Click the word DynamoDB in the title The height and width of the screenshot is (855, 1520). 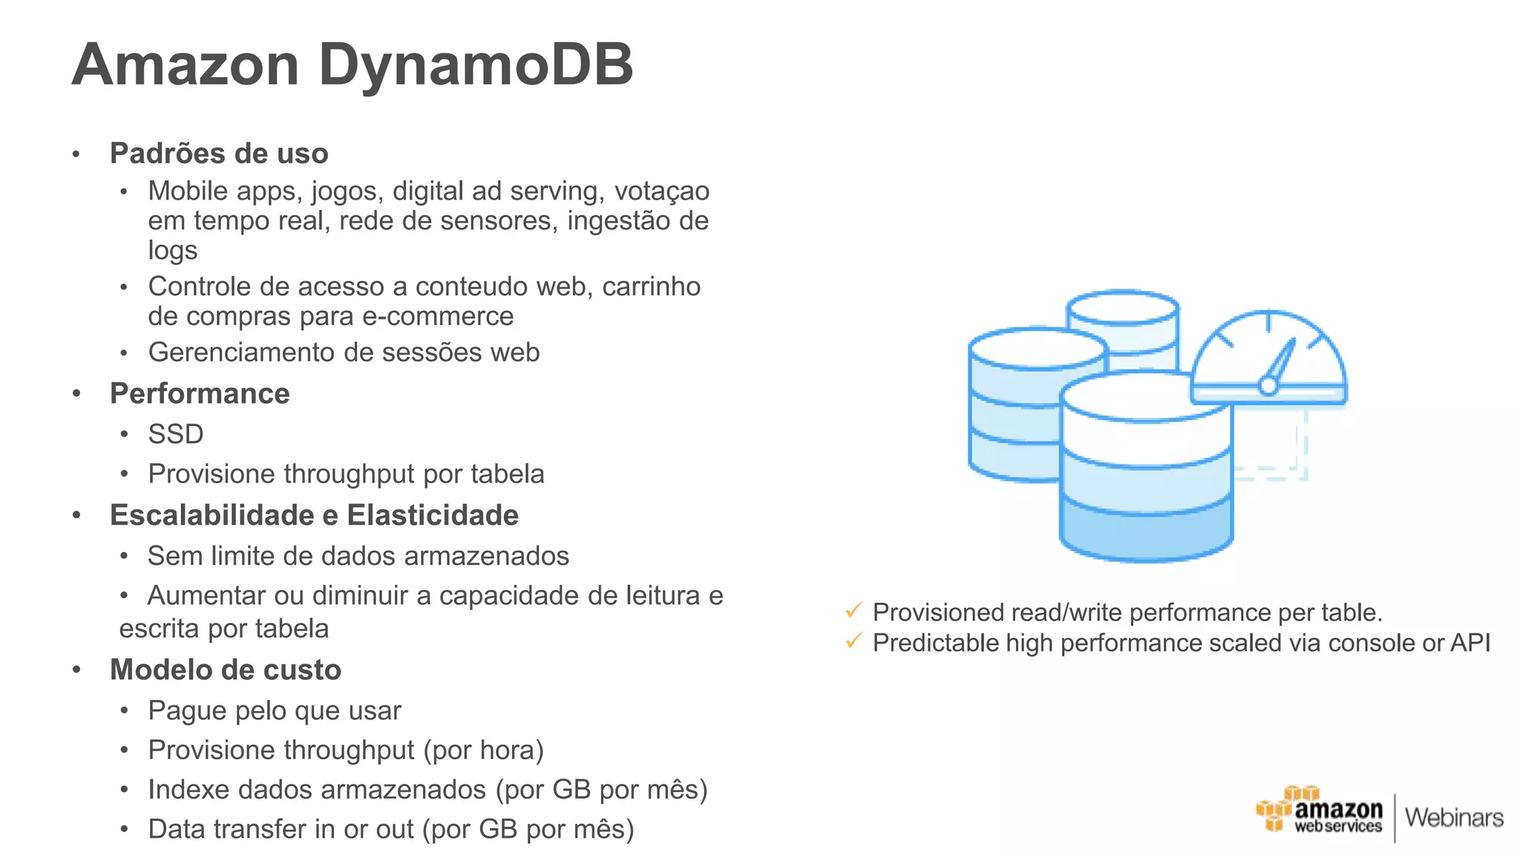coord(475,65)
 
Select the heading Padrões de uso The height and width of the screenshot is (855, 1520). coord(219,154)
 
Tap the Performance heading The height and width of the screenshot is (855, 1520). coord(200,394)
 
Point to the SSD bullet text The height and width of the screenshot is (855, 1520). coord(175,434)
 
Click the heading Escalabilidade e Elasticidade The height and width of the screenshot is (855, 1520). coord(314,516)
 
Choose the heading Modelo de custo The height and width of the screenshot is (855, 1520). coord(225,670)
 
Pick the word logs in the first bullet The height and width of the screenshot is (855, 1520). coord(172,251)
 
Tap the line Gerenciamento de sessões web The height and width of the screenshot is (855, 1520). coord(344,353)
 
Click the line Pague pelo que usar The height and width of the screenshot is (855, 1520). coord(275,711)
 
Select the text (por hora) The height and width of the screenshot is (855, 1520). coord(483,750)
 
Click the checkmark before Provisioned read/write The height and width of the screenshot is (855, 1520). coord(854,611)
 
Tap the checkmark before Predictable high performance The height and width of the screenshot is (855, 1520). coord(854,641)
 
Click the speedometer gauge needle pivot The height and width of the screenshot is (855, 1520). coord(1268,385)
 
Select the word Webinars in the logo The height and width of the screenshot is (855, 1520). coord(1453,818)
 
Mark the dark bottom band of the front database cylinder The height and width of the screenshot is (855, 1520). coord(1146,531)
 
